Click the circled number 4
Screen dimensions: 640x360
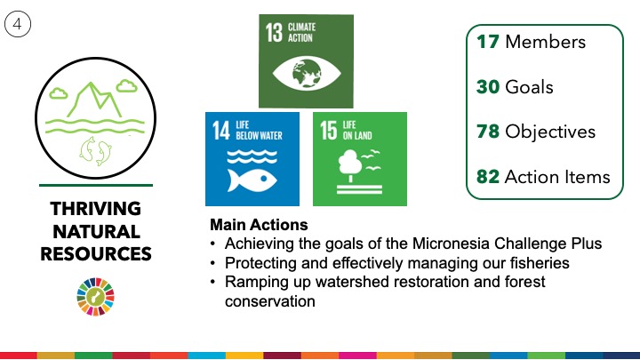(18, 24)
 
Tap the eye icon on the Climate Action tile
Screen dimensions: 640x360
(306, 74)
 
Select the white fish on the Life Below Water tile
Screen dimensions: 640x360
(252, 180)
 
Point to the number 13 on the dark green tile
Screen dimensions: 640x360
(274, 32)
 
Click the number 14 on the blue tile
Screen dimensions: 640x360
(220, 130)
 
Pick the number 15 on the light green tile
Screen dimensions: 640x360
(328, 130)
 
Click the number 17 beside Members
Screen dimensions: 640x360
(488, 42)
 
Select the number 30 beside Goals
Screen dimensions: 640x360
(488, 87)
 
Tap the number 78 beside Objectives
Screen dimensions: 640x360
(488, 132)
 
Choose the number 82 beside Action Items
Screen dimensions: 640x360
(488, 177)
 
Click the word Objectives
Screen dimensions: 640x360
(550, 132)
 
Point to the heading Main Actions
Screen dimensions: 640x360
(259, 225)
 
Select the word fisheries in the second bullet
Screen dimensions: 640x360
(540, 263)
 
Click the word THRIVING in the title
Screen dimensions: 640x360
(96, 209)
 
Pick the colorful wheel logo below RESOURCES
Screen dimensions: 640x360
(95, 297)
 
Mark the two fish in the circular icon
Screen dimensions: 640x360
(95, 151)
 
